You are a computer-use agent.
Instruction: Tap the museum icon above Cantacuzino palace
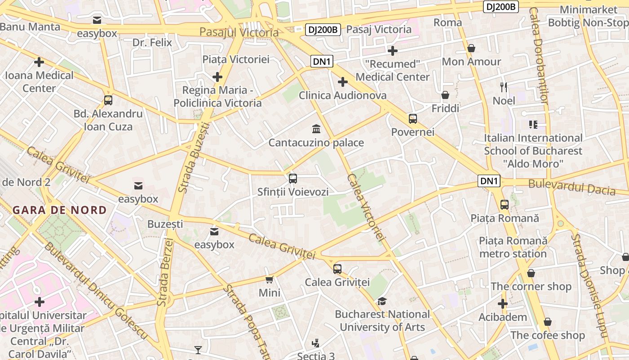click(316, 130)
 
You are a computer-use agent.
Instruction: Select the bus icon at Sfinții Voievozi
click(293, 179)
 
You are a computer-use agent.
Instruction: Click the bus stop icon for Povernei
click(413, 119)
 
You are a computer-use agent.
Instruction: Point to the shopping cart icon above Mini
click(270, 280)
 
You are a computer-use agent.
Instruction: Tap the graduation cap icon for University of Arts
click(382, 301)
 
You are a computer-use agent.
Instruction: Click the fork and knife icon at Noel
click(504, 87)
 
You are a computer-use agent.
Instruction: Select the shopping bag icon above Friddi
click(445, 95)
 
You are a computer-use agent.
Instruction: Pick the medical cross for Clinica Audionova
click(343, 82)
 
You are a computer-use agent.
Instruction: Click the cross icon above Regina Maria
click(217, 77)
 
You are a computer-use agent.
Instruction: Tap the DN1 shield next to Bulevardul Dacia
click(489, 181)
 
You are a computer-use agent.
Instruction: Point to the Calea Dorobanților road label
click(538, 56)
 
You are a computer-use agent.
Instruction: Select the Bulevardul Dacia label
click(571, 187)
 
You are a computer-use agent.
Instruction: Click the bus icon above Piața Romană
click(505, 205)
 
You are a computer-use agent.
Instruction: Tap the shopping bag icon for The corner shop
click(531, 273)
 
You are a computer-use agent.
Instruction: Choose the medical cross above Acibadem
click(503, 304)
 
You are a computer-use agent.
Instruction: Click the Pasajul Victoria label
click(239, 32)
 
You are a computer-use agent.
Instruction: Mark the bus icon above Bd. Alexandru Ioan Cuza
click(108, 100)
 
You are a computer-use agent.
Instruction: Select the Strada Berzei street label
click(165, 273)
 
